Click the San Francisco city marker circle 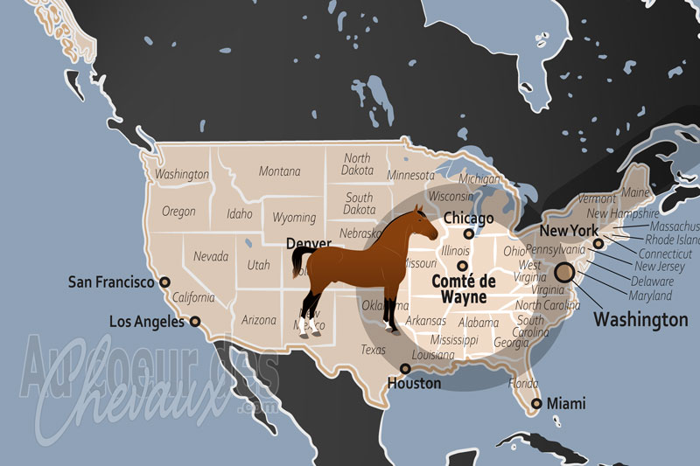point(164,282)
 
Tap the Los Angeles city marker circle point(195,322)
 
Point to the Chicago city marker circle point(469,233)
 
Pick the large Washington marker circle point(564,272)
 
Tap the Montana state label point(279,171)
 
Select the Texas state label point(373,350)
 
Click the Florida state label point(523,383)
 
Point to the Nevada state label point(211,257)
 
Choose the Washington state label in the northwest point(182,174)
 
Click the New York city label point(568,231)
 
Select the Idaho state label point(239,213)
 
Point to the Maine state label point(636,192)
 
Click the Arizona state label point(258,320)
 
